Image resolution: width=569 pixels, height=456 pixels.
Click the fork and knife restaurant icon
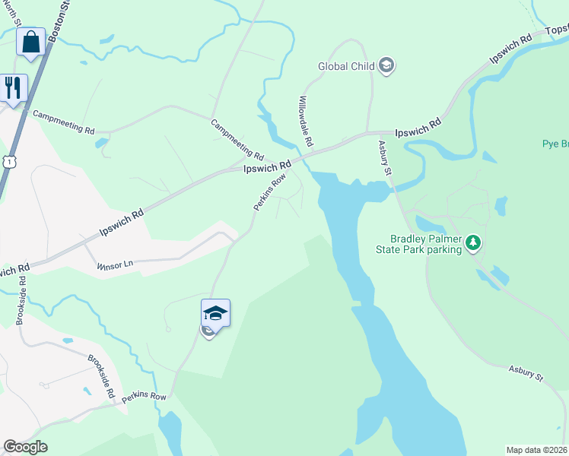(13, 87)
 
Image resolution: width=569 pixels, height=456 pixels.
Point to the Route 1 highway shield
(8, 162)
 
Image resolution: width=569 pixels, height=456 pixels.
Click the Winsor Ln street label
(115, 264)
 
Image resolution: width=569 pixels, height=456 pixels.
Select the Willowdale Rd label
(306, 122)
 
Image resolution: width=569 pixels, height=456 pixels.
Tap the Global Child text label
(346, 66)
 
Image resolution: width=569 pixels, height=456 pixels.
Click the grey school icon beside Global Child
(386, 65)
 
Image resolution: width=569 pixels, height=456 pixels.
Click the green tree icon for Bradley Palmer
(474, 243)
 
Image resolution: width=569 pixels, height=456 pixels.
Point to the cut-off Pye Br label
(555, 144)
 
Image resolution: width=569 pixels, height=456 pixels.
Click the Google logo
(25, 447)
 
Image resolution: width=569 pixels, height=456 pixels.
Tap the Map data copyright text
(537, 449)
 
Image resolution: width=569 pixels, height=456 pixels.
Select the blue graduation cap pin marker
(215, 312)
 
